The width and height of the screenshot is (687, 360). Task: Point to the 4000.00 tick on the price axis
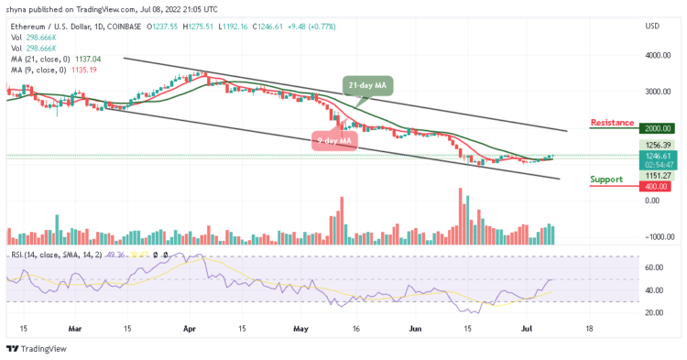(656, 55)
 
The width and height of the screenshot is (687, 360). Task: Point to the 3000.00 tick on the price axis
(656, 92)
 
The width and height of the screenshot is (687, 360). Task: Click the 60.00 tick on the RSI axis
(655, 267)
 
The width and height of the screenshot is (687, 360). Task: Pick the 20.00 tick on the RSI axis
(655, 312)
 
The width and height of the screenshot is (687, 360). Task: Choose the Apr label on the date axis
(189, 326)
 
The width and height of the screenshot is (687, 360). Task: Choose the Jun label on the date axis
(416, 326)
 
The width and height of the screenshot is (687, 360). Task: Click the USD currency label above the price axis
(652, 26)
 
